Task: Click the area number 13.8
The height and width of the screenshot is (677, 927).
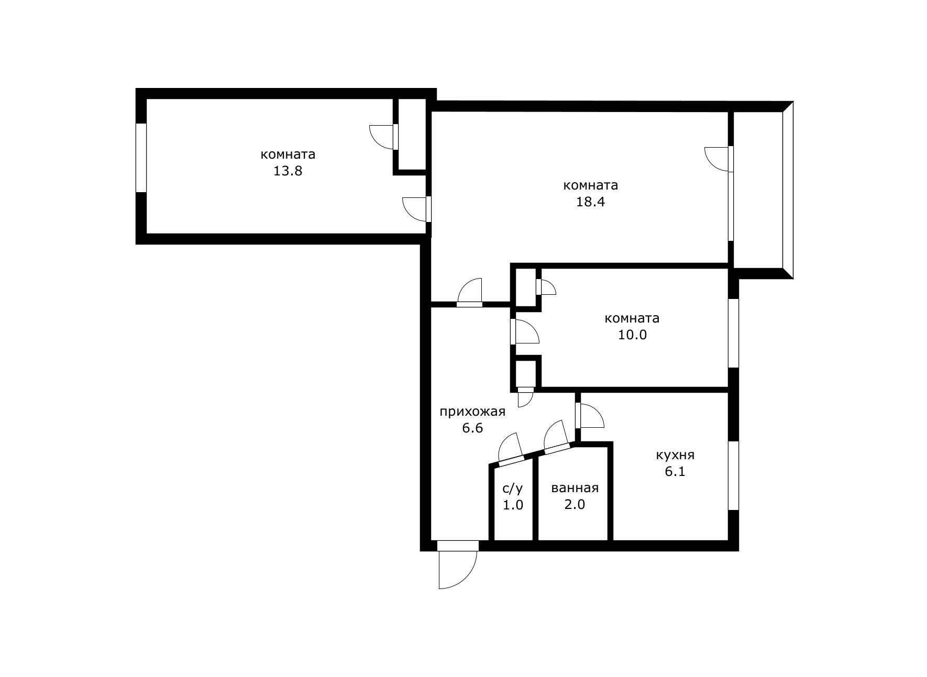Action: pos(288,171)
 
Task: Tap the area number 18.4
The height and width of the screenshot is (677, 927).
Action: pos(590,202)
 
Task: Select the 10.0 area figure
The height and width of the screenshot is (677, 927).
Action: pos(632,335)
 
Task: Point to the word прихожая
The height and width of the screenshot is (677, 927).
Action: pos(472,412)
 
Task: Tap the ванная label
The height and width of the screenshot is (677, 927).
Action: pos(575,489)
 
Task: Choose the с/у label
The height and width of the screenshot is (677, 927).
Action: pos(513,489)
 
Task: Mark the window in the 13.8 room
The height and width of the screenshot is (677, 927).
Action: pos(141,158)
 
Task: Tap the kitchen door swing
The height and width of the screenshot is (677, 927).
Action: pos(590,416)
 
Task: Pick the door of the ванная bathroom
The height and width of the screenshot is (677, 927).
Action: pos(557,437)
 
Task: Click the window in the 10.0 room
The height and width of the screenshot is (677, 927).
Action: pos(734,333)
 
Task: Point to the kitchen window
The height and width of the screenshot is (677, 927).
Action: pos(734,475)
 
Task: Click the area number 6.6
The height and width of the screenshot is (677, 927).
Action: pos(472,428)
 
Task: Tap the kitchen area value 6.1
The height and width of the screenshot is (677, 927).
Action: pos(675,472)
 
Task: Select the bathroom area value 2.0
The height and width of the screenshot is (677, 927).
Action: pos(575,505)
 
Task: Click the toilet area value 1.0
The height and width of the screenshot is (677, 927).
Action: pos(513,505)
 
